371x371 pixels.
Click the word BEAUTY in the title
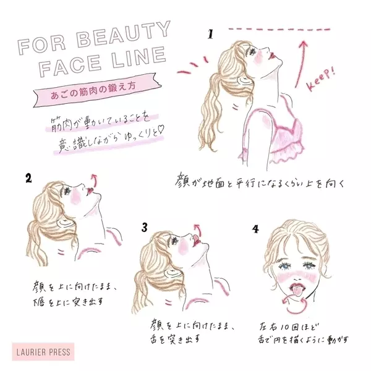click(124, 35)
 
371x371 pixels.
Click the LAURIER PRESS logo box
click(43, 352)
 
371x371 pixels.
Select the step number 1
click(211, 34)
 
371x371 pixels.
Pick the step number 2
click(28, 178)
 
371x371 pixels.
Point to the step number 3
click(145, 228)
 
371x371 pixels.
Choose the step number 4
click(255, 229)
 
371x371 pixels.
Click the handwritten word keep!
click(320, 79)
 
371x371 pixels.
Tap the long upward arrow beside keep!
click(301, 64)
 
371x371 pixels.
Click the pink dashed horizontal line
click(279, 29)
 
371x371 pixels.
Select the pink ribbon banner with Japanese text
click(97, 90)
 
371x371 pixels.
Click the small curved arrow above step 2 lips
click(95, 181)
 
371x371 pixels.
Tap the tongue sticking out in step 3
click(195, 238)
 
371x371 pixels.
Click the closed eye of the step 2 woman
click(67, 190)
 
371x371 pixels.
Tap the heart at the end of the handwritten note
click(161, 130)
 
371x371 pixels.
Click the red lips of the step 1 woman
click(272, 56)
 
